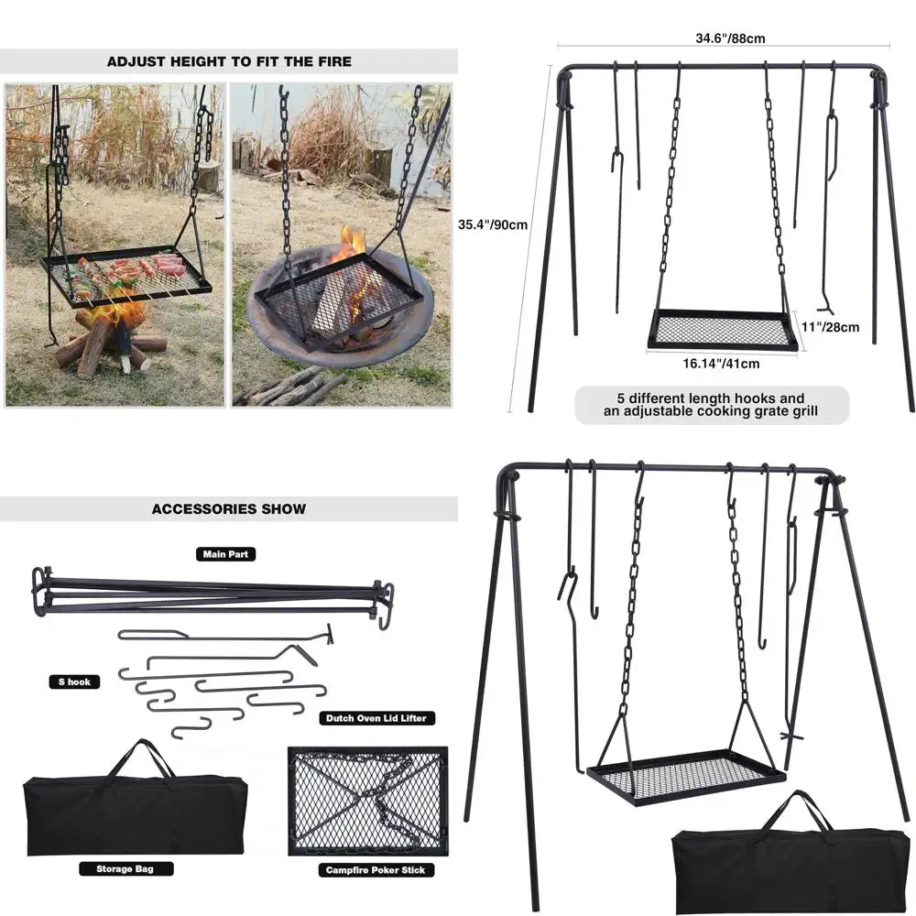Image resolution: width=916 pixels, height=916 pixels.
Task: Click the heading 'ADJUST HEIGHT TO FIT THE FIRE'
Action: pyautogui.click(x=229, y=62)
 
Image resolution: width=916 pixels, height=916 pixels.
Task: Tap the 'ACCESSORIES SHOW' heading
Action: pyautogui.click(x=229, y=508)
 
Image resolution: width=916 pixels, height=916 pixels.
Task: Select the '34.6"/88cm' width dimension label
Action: pyautogui.click(x=730, y=38)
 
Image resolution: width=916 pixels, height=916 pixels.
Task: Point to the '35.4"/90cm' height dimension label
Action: pyautogui.click(x=493, y=224)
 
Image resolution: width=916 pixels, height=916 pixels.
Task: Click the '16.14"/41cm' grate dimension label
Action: pyautogui.click(x=722, y=363)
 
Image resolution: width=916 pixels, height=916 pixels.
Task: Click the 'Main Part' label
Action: pyautogui.click(x=225, y=554)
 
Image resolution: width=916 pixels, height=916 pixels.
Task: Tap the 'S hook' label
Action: pyautogui.click(x=74, y=682)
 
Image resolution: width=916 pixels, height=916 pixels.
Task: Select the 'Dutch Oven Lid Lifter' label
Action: pyautogui.click(x=376, y=719)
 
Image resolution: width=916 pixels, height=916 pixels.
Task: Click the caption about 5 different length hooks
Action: pyautogui.click(x=712, y=405)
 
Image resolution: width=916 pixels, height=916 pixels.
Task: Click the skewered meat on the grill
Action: pyautogui.click(x=133, y=272)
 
